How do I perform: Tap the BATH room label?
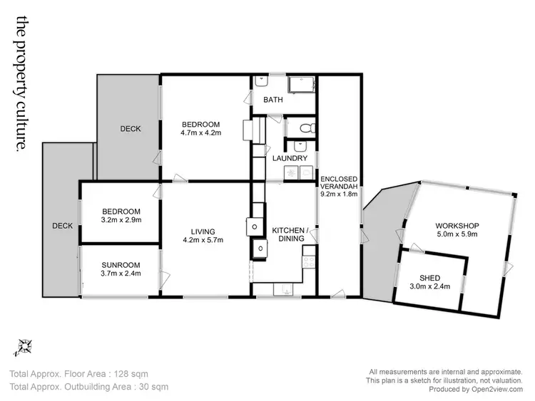pos(273,100)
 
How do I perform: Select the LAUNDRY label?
pos(290,158)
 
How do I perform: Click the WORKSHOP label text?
pos(457,226)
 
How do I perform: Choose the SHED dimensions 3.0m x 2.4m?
pos(430,287)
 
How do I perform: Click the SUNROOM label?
pos(121,264)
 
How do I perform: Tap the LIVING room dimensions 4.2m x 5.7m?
pos(203,240)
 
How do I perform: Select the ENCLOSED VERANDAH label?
pos(339,183)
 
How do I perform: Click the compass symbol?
pos(24,347)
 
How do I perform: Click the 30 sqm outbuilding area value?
pos(153,387)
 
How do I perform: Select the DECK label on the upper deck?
pos(130,129)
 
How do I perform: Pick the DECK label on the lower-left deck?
pos(62,226)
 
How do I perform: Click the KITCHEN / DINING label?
pos(290,234)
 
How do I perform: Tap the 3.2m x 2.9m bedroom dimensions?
pos(121,220)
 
